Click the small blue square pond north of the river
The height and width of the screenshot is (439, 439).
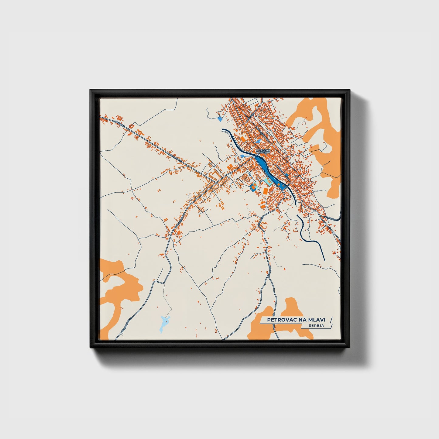[x=220, y=119]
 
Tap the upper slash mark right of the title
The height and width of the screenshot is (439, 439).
[x=331, y=320]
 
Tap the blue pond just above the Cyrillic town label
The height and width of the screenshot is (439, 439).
[x=258, y=142]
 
